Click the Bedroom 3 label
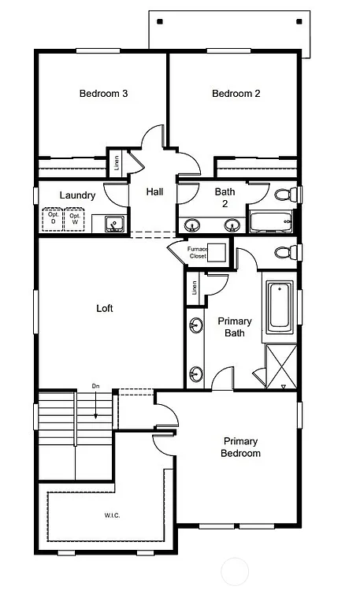[x=103, y=94]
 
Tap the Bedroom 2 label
[x=236, y=94]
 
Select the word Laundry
[x=77, y=195]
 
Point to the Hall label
[x=154, y=191]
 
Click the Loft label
[x=104, y=308]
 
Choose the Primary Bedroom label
[x=241, y=447]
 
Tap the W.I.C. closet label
[x=112, y=516]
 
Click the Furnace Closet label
[x=197, y=252]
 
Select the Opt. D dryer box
[x=54, y=218]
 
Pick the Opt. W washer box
[x=76, y=218]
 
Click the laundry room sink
[x=114, y=225]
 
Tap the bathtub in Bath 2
[x=269, y=221]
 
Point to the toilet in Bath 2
[x=284, y=194]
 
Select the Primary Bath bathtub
[x=280, y=306]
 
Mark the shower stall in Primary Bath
[x=280, y=366]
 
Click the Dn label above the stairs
[x=95, y=386]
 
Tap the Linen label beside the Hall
[x=116, y=165]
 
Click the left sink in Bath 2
[x=191, y=225]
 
